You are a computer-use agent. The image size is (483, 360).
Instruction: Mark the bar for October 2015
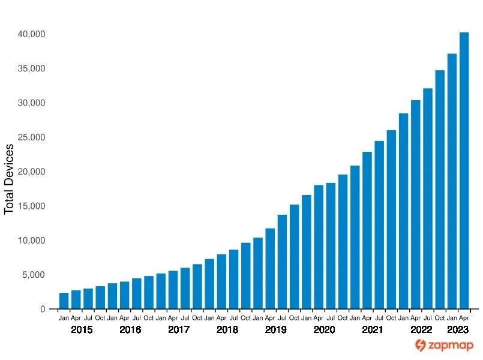(x=100, y=298)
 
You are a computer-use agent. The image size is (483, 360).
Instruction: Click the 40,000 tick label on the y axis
(x=29, y=34)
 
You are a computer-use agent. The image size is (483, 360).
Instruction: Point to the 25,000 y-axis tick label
(x=29, y=137)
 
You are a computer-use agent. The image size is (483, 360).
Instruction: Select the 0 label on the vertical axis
(x=42, y=310)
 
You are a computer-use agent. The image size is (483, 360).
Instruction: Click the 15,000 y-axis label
(x=29, y=206)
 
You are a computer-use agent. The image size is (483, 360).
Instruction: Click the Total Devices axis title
(x=9, y=179)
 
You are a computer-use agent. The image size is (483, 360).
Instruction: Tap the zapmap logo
(x=445, y=346)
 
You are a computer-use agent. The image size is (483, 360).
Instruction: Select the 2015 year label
(x=82, y=330)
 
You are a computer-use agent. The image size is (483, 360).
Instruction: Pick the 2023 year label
(x=458, y=330)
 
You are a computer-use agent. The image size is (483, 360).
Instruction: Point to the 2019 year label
(x=275, y=330)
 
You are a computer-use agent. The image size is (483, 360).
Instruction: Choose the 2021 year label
(x=373, y=330)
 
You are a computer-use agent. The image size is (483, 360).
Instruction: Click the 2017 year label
(x=178, y=330)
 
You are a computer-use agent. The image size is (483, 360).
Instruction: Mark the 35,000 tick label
(x=29, y=68)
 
